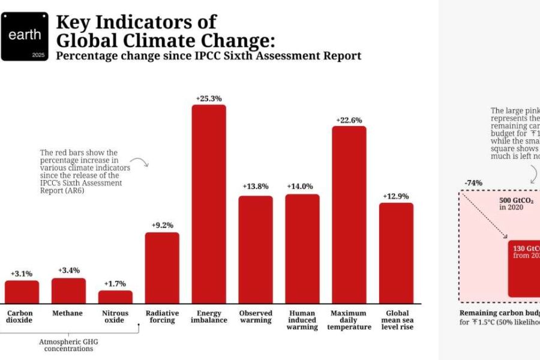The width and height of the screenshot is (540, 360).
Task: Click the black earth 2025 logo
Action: click(x=25, y=37)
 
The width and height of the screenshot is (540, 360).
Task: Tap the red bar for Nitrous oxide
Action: click(x=115, y=296)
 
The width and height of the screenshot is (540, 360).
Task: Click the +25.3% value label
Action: click(x=209, y=98)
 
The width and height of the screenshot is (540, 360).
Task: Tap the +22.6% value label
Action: click(x=349, y=119)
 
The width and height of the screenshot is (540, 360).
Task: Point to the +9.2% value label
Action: click(x=162, y=226)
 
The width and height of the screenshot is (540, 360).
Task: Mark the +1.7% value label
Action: click(x=115, y=283)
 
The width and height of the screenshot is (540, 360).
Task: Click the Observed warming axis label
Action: click(x=256, y=316)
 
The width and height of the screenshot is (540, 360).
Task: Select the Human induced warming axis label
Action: click(x=302, y=320)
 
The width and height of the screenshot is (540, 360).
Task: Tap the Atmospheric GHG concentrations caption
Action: click(x=68, y=346)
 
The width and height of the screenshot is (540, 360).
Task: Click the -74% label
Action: click(x=473, y=182)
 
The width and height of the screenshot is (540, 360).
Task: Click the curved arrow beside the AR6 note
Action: click(x=140, y=162)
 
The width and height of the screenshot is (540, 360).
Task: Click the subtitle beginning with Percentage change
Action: click(x=208, y=56)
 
